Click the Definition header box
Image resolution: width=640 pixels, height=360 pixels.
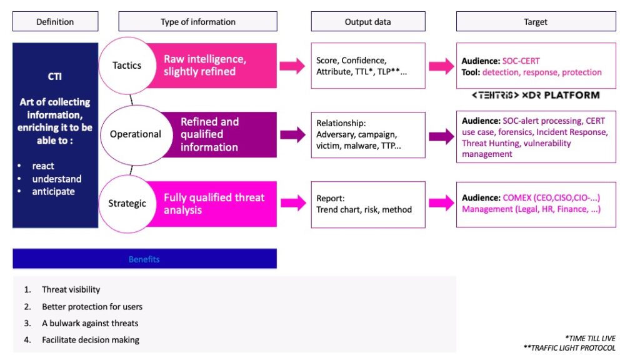point(55,22)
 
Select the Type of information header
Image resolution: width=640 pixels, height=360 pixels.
point(197,22)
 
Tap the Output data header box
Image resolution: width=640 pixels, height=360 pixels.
point(367,22)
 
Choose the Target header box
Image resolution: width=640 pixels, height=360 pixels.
point(535,22)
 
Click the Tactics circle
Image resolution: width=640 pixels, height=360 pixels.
point(127,66)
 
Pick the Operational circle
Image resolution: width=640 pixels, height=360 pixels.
point(135,134)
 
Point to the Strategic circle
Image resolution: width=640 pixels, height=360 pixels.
point(127,203)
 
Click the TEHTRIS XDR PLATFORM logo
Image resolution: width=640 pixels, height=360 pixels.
point(535,96)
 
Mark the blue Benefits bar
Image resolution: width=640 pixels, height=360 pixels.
point(144,259)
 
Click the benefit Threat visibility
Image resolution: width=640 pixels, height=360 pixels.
point(71,289)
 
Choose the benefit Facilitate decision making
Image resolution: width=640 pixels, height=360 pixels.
point(90,340)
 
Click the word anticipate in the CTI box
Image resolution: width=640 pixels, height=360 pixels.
point(53,192)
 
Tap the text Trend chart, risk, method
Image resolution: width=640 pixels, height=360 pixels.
point(364,209)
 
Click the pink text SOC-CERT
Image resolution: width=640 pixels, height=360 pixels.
point(521,61)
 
